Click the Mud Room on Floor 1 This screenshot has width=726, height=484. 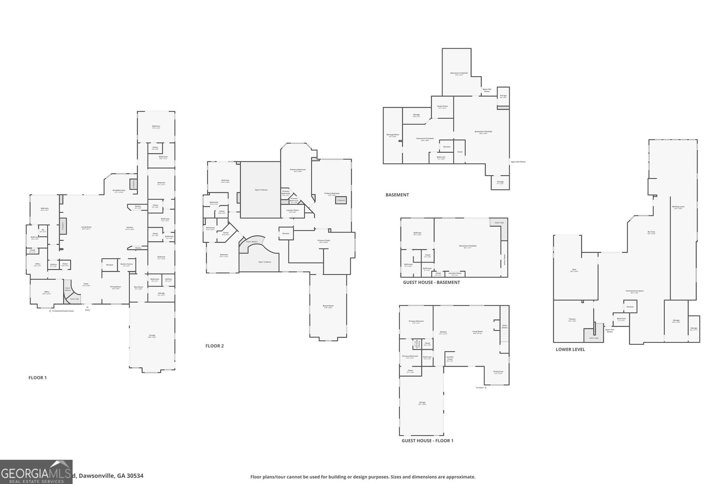[138, 288]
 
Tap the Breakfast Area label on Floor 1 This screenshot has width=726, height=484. [119, 191]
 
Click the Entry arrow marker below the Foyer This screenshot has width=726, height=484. [88, 308]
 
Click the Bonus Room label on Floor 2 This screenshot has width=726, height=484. [328, 306]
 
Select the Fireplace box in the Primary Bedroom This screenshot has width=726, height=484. [341, 200]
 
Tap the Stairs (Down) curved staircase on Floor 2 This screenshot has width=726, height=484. [252, 242]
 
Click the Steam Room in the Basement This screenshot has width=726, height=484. [442, 107]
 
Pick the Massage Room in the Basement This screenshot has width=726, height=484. [392, 135]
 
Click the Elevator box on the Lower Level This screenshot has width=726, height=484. [630, 307]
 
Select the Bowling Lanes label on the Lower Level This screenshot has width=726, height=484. [678, 207]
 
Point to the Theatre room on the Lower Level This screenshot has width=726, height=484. [572, 320]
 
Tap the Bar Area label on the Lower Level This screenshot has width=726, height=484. [651, 233]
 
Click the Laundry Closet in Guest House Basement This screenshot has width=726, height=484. [455, 274]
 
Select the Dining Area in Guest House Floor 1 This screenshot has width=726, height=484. [498, 372]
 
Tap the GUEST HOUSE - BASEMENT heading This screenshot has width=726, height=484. [431, 282]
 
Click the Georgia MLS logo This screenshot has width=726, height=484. [36, 472]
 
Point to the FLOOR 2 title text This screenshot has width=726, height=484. [214, 346]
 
